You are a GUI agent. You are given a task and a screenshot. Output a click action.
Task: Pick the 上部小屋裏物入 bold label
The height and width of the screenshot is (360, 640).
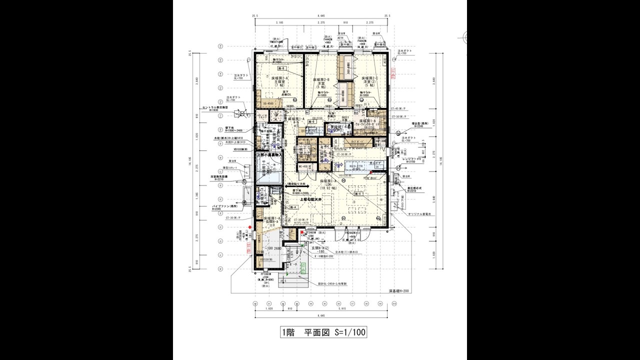point(269,155)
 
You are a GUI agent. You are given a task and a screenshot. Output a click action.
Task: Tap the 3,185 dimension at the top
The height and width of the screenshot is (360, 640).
point(279,22)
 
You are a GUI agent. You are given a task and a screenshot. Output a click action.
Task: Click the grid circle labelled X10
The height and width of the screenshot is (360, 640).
point(387,303)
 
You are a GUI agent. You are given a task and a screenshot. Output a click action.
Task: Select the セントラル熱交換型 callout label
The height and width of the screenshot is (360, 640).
point(215,107)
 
